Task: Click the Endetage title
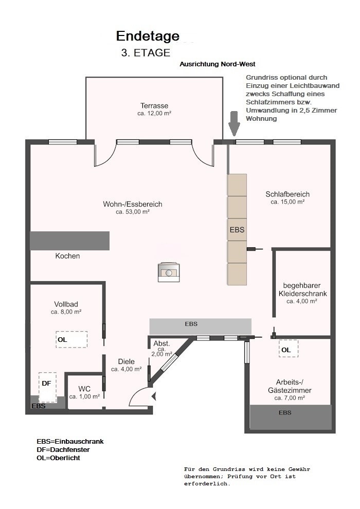(148, 37)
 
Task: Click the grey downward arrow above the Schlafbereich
(233, 124)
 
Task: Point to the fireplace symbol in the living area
(169, 272)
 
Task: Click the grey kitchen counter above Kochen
(70, 241)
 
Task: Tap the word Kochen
(67, 256)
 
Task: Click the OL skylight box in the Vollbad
(71, 339)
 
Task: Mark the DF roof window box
(47, 387)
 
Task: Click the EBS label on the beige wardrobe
(237, 230)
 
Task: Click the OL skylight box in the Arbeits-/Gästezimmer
(289, 349)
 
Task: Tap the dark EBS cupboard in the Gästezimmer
(291, 417)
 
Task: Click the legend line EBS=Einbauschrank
(70, 442)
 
